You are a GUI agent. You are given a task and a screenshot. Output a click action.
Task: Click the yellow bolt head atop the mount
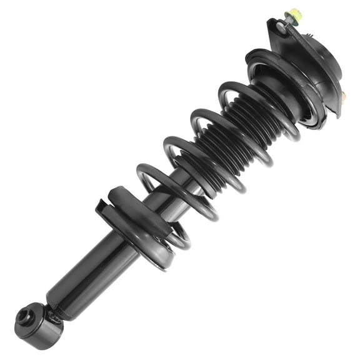coord(292,13)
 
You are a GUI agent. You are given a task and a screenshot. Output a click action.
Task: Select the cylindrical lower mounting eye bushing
coord(39,325)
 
